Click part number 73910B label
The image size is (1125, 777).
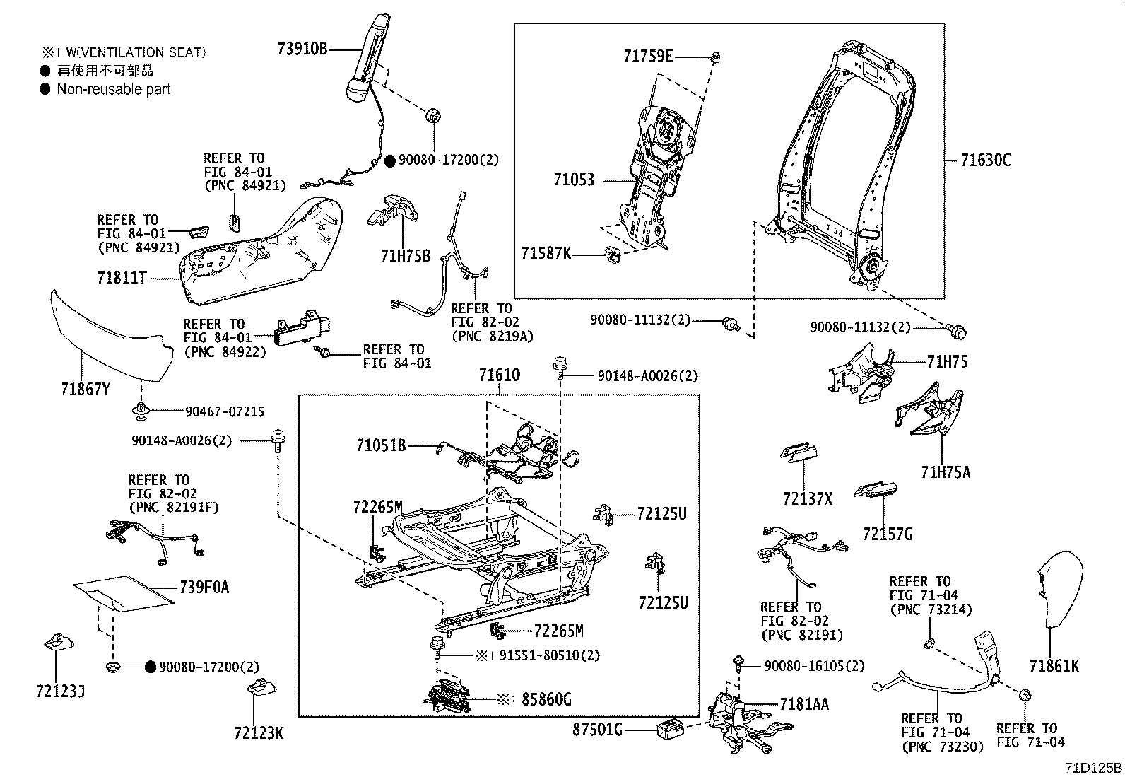point(302,49)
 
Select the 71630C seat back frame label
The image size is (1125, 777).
point(986,160)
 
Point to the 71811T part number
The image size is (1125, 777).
point(122,278)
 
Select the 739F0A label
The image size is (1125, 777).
point(204,588)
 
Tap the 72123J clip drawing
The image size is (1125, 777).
point(56,644)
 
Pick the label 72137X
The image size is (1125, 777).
point(807,498)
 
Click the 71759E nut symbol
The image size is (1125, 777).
point(715,57)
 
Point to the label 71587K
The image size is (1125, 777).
point(546,252)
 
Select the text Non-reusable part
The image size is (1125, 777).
point(114,89)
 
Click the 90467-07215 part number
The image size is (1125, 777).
point(225,411)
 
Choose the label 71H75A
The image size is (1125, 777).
point(946,472)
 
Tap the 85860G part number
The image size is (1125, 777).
point(546,700)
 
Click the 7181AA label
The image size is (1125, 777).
point(804,704)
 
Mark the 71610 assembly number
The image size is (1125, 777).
point(499,375)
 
